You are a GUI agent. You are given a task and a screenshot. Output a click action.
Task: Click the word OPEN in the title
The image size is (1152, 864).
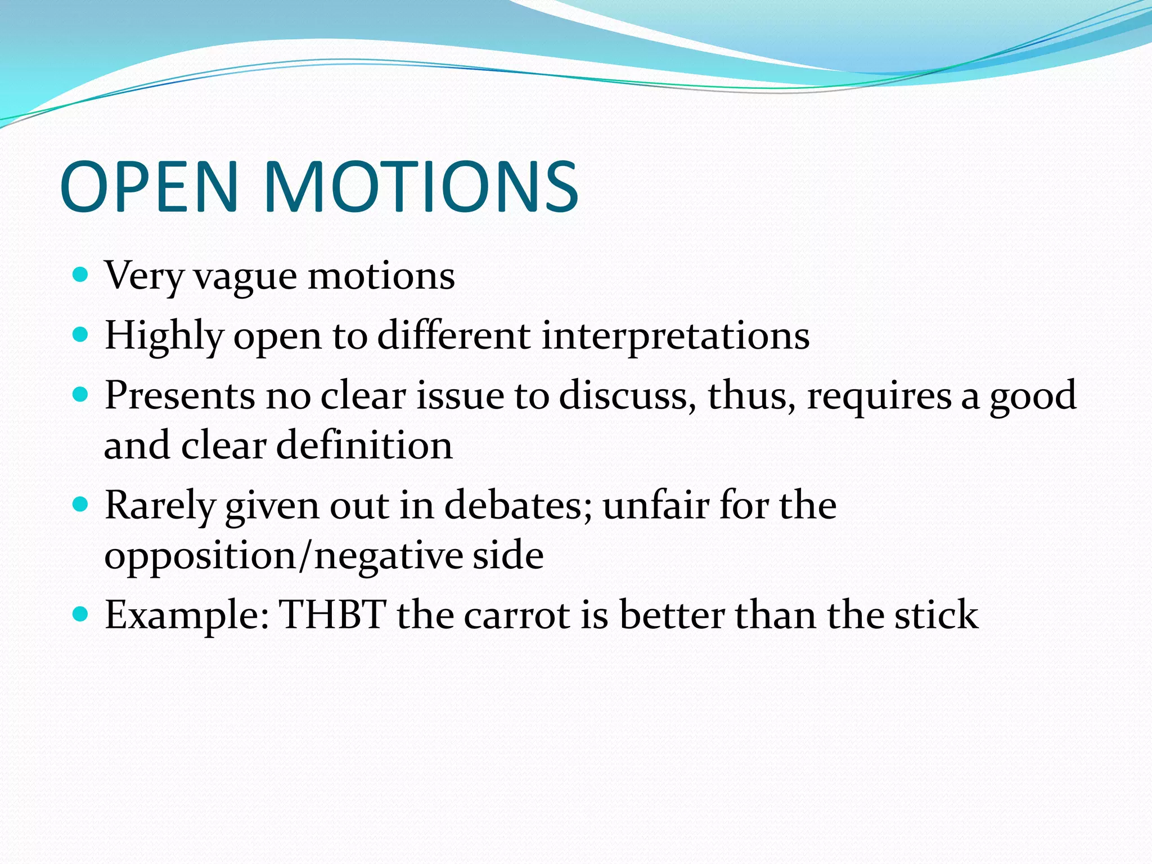(150, 187)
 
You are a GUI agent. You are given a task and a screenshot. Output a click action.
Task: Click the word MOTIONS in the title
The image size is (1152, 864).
(420, 187)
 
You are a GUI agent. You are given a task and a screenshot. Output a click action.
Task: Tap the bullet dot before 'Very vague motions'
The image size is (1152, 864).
(81, 275)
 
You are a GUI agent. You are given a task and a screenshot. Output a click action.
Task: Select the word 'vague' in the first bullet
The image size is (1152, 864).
(245, 277)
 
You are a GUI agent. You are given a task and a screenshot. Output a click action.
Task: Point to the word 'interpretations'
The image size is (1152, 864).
(676, 336)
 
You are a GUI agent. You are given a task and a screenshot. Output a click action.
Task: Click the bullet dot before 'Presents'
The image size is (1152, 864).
(81, 395)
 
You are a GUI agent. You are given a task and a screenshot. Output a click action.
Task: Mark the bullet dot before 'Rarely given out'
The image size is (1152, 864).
(81, 505)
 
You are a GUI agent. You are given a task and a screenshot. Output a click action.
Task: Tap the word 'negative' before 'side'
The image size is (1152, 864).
(389, 556)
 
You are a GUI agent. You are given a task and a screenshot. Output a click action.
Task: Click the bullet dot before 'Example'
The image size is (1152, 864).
(81, 614)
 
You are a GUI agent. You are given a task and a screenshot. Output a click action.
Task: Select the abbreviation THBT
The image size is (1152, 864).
(332, 615)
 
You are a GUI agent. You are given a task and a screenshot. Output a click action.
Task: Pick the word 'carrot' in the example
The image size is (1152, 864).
(517, 615)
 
